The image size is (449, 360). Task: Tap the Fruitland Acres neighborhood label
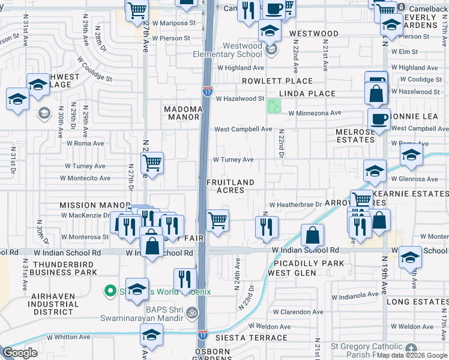(x=231, y=186)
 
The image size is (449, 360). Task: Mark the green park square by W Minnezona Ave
(x=274, y=106)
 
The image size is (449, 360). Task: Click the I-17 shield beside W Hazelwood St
(x=207, y=91)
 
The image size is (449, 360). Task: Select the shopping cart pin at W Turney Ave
(x=152, y=163)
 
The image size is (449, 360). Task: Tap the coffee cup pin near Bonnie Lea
(x=379, y=119)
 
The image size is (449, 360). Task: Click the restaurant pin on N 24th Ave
(x=266, y=227)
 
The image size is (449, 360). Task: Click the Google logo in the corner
(x=20, y=353)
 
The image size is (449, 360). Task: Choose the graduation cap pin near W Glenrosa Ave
(x=375, y=172)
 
